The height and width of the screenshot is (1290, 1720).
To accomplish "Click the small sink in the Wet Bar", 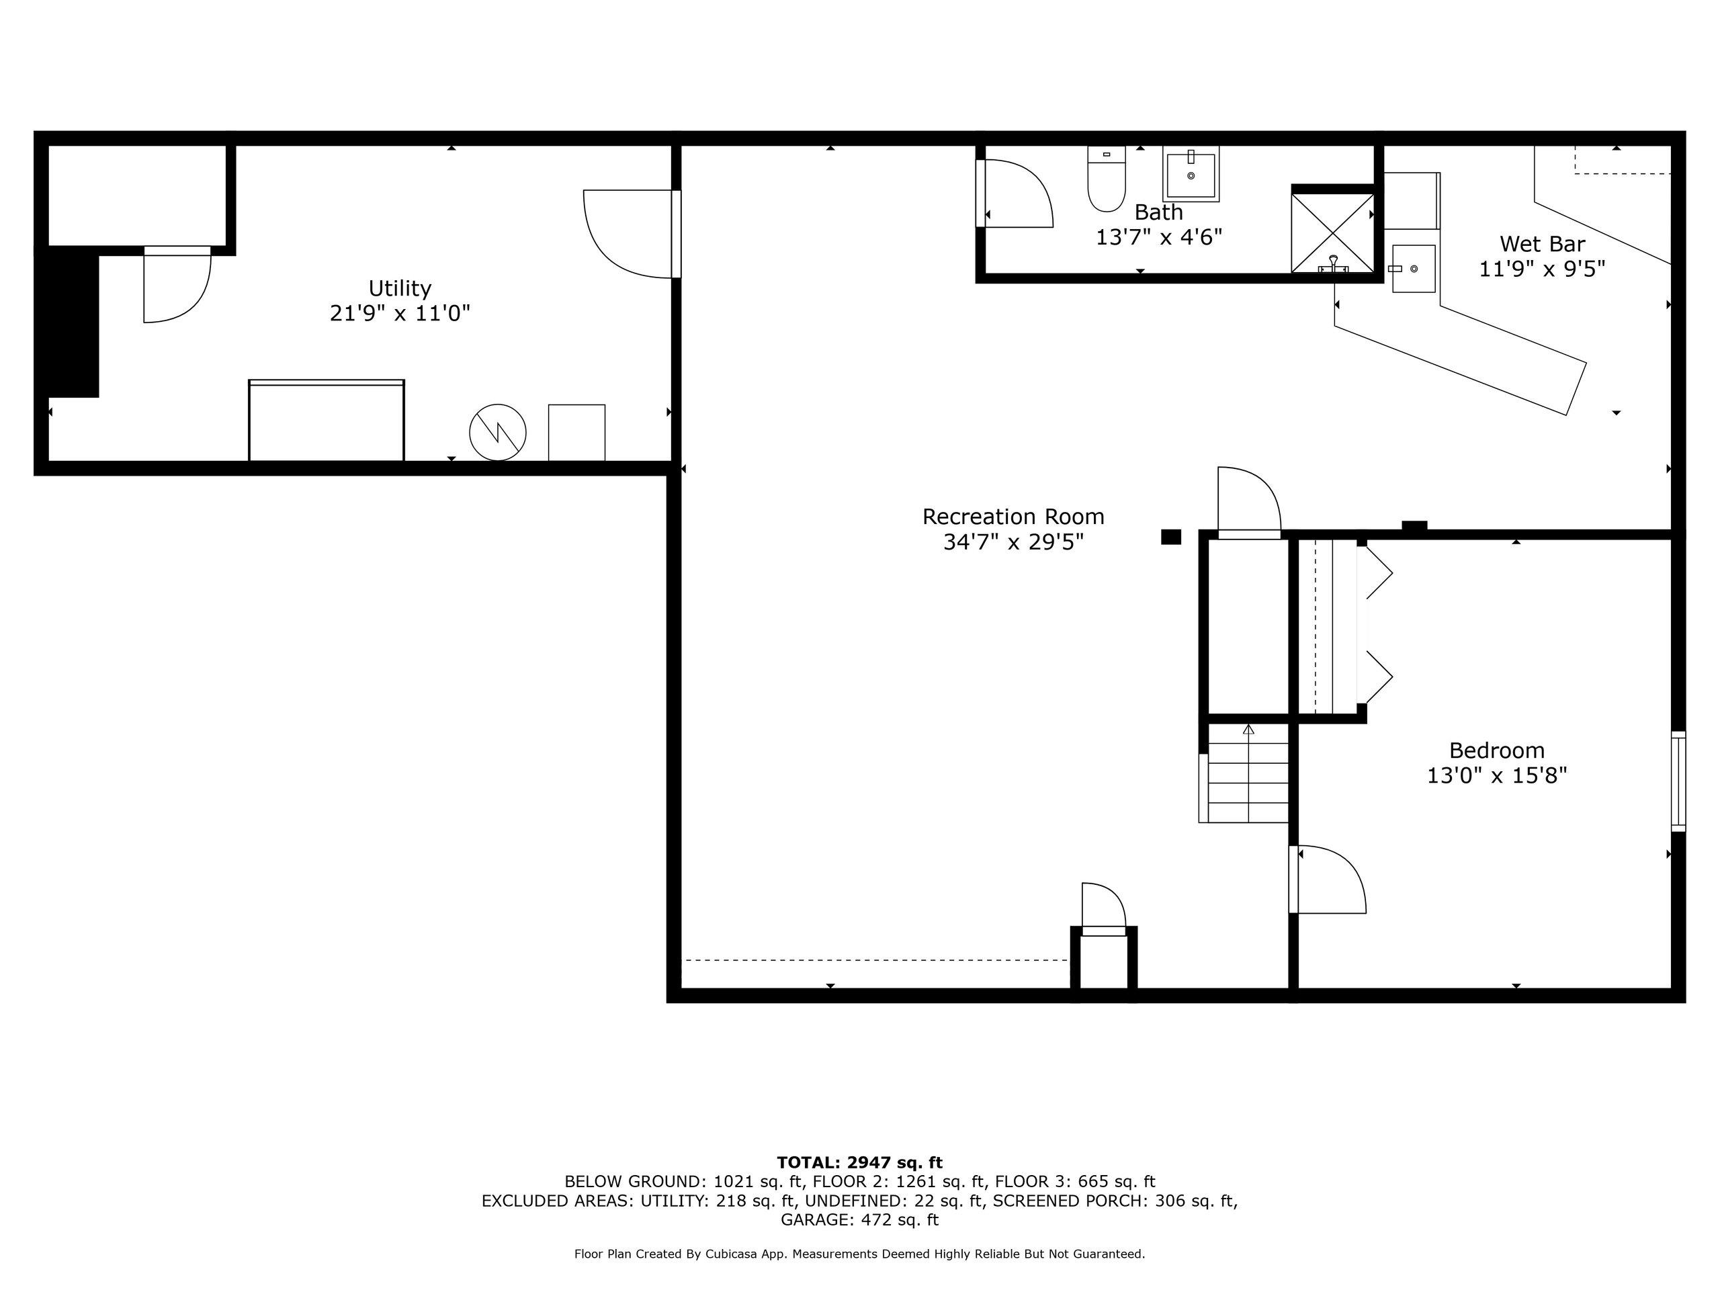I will tap(1413, 268).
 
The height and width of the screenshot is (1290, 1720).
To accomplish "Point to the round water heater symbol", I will tap(498, 431).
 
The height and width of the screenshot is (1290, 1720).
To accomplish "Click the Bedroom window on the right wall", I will tap(1678, 781).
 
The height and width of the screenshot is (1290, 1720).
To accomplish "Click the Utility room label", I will tap(400, 288).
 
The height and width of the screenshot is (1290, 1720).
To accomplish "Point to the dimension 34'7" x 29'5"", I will tap(1013, 542).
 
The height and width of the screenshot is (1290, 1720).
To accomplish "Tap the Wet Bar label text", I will tap(1541, 244).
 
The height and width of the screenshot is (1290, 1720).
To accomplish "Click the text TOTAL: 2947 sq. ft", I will tap(859, 1162).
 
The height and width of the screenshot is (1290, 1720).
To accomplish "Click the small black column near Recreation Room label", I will tap(1170, 537).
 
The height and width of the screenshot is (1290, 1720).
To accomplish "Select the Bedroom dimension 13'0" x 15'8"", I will tap(1496, 775).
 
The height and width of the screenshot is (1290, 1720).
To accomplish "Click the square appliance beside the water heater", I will tap(576, 432).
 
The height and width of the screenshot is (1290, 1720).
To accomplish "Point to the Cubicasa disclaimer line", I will tap(859, 1254).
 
